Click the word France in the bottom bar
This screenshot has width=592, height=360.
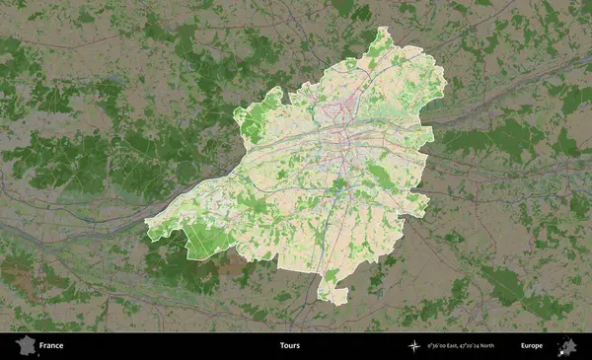coord(51,346)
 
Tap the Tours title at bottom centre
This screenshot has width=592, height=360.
coord(289,346)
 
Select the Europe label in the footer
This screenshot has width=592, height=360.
coord(532,346)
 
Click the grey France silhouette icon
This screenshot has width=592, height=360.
coord(24,345)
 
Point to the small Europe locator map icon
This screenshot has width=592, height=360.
coord(567,345)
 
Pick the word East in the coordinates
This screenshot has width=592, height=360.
coord(454,346)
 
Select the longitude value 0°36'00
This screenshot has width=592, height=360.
coord(437,346)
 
